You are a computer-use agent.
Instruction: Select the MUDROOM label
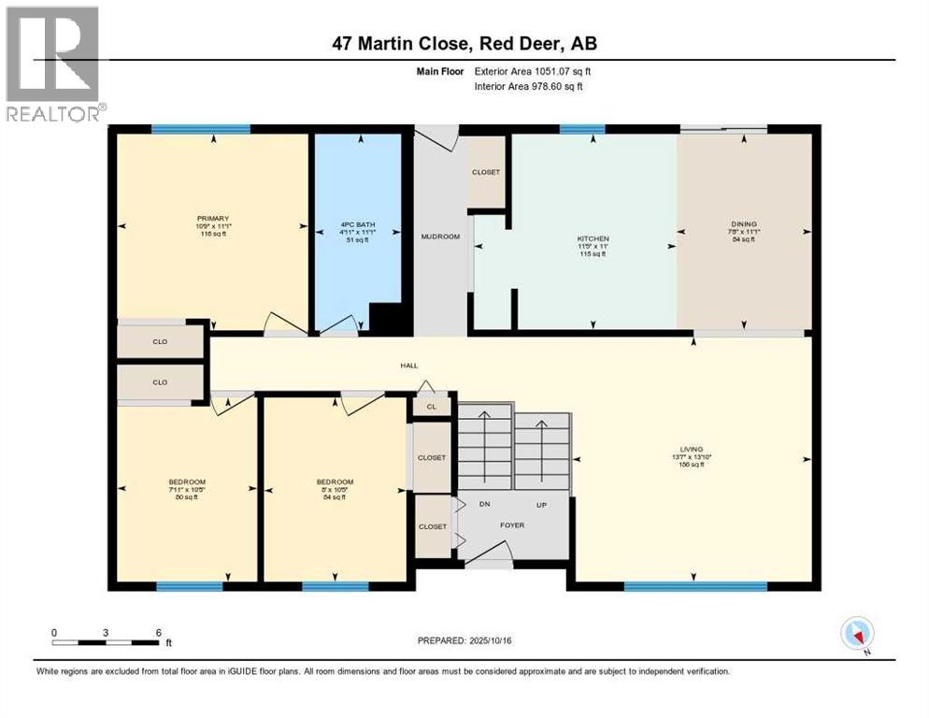click(442, 237)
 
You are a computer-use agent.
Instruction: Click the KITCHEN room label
click(592, 239)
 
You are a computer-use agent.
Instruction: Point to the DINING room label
click(744, 224)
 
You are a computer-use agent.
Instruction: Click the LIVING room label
click(692, 449)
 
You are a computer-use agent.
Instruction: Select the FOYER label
click(511, 525)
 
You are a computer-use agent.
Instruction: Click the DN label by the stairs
click(485, 503)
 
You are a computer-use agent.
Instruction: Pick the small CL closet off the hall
click(431, 407)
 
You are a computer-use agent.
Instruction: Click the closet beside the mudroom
click(486, 172)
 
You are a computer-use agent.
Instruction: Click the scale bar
click(106, 642)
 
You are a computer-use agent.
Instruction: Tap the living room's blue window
click(695, 586)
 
